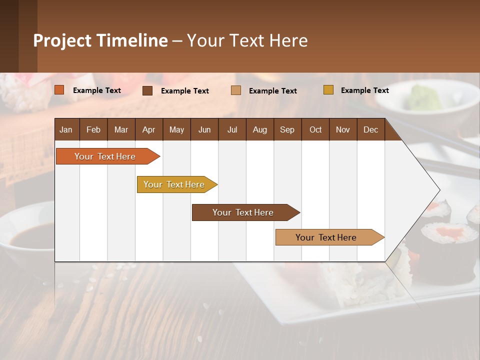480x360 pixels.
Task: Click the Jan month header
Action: point(66,129)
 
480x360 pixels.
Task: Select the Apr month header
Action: point(148,129)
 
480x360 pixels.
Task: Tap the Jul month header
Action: point(232,129)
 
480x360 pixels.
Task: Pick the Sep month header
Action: point(287,129)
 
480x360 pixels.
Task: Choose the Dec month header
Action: point(370,129)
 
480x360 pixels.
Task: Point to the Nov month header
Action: point(342,129)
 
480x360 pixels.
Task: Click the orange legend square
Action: point(59,90)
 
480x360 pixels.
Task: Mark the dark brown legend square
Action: point(147,90)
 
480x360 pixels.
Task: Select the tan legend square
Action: point(235,90)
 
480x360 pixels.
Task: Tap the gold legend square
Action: point(328,90)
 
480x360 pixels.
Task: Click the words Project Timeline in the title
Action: point(100,40)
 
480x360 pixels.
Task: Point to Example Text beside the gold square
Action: point(364,90)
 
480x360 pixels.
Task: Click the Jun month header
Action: point(204,129)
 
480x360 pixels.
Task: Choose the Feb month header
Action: point(93,129)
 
